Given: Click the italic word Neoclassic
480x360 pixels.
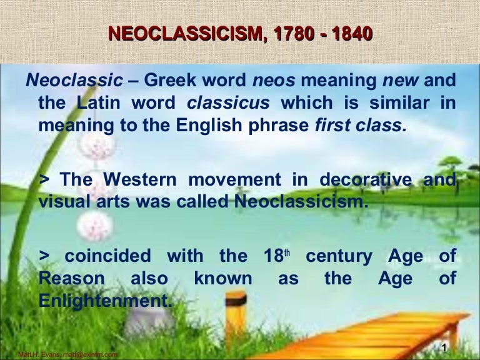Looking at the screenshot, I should click(74, 82).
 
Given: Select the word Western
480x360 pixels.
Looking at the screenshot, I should click(146, 179).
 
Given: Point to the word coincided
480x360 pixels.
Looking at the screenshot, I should click(107, 256).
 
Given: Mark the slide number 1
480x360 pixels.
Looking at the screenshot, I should click(442, 348).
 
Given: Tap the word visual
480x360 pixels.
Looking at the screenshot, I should click(63, 201).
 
